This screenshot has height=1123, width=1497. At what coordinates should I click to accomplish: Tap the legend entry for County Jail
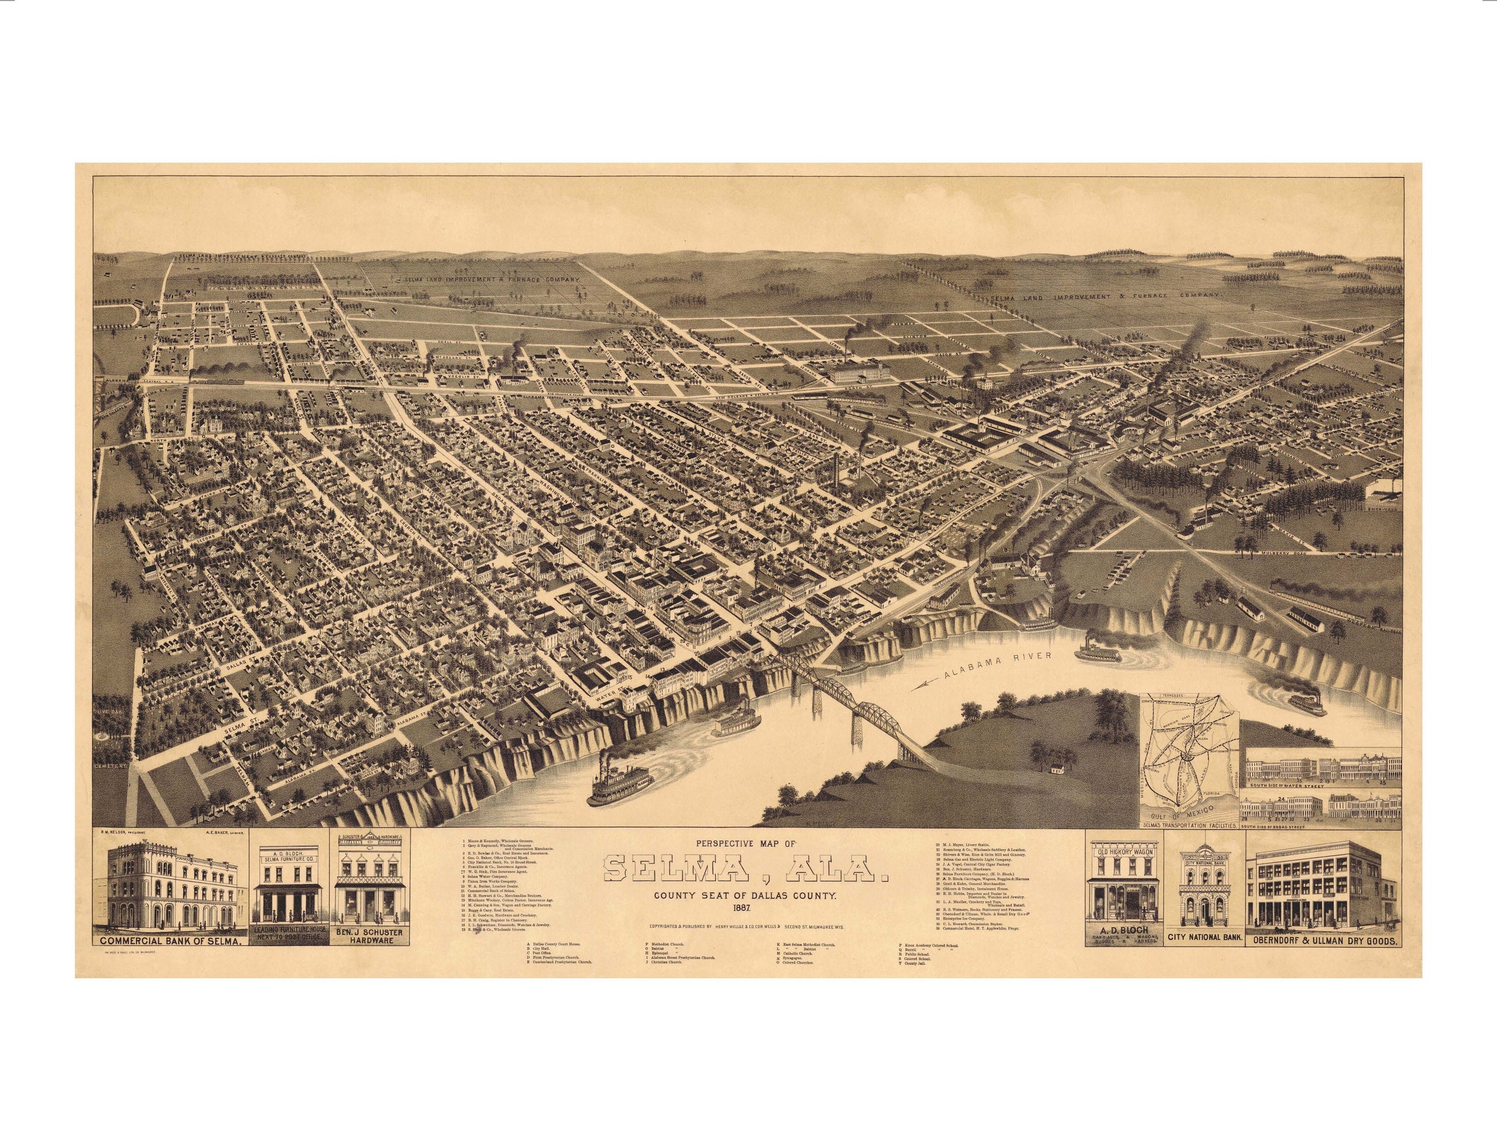pyautogui.click(x=912, y=981)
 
